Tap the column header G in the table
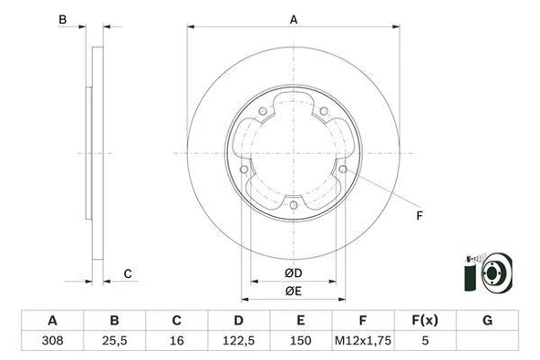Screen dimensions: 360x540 click(486, 321)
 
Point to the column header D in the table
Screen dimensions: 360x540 click(238, 321)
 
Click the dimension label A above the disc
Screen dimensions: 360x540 click(293, 19)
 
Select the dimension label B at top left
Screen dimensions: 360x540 click(63, 19)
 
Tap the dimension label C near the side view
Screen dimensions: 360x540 click(128, 273)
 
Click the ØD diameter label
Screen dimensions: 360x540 click(292, 273)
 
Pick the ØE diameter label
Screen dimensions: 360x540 click(292, 291)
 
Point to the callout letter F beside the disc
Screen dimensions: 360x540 click(420, 216)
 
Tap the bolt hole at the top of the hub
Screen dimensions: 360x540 click(262, 114)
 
